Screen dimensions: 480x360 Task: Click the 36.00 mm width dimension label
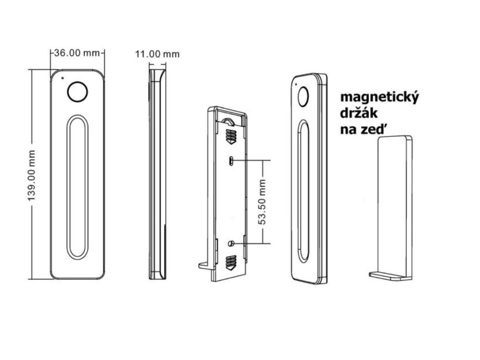pos(77,52)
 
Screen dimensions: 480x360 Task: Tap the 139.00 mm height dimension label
pos(32,175)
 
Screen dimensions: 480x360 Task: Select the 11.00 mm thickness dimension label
pos(157,54)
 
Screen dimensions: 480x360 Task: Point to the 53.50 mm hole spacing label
pos(262,202)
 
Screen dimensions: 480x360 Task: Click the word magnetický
pos(379,98)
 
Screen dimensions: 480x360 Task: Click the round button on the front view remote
pos(77,92)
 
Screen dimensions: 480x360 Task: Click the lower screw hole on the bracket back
pos(231,243)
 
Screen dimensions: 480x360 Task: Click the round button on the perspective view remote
pos(302,97)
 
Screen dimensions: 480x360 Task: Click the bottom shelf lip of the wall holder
pos(390,276)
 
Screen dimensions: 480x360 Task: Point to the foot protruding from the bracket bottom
pos(205,265)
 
